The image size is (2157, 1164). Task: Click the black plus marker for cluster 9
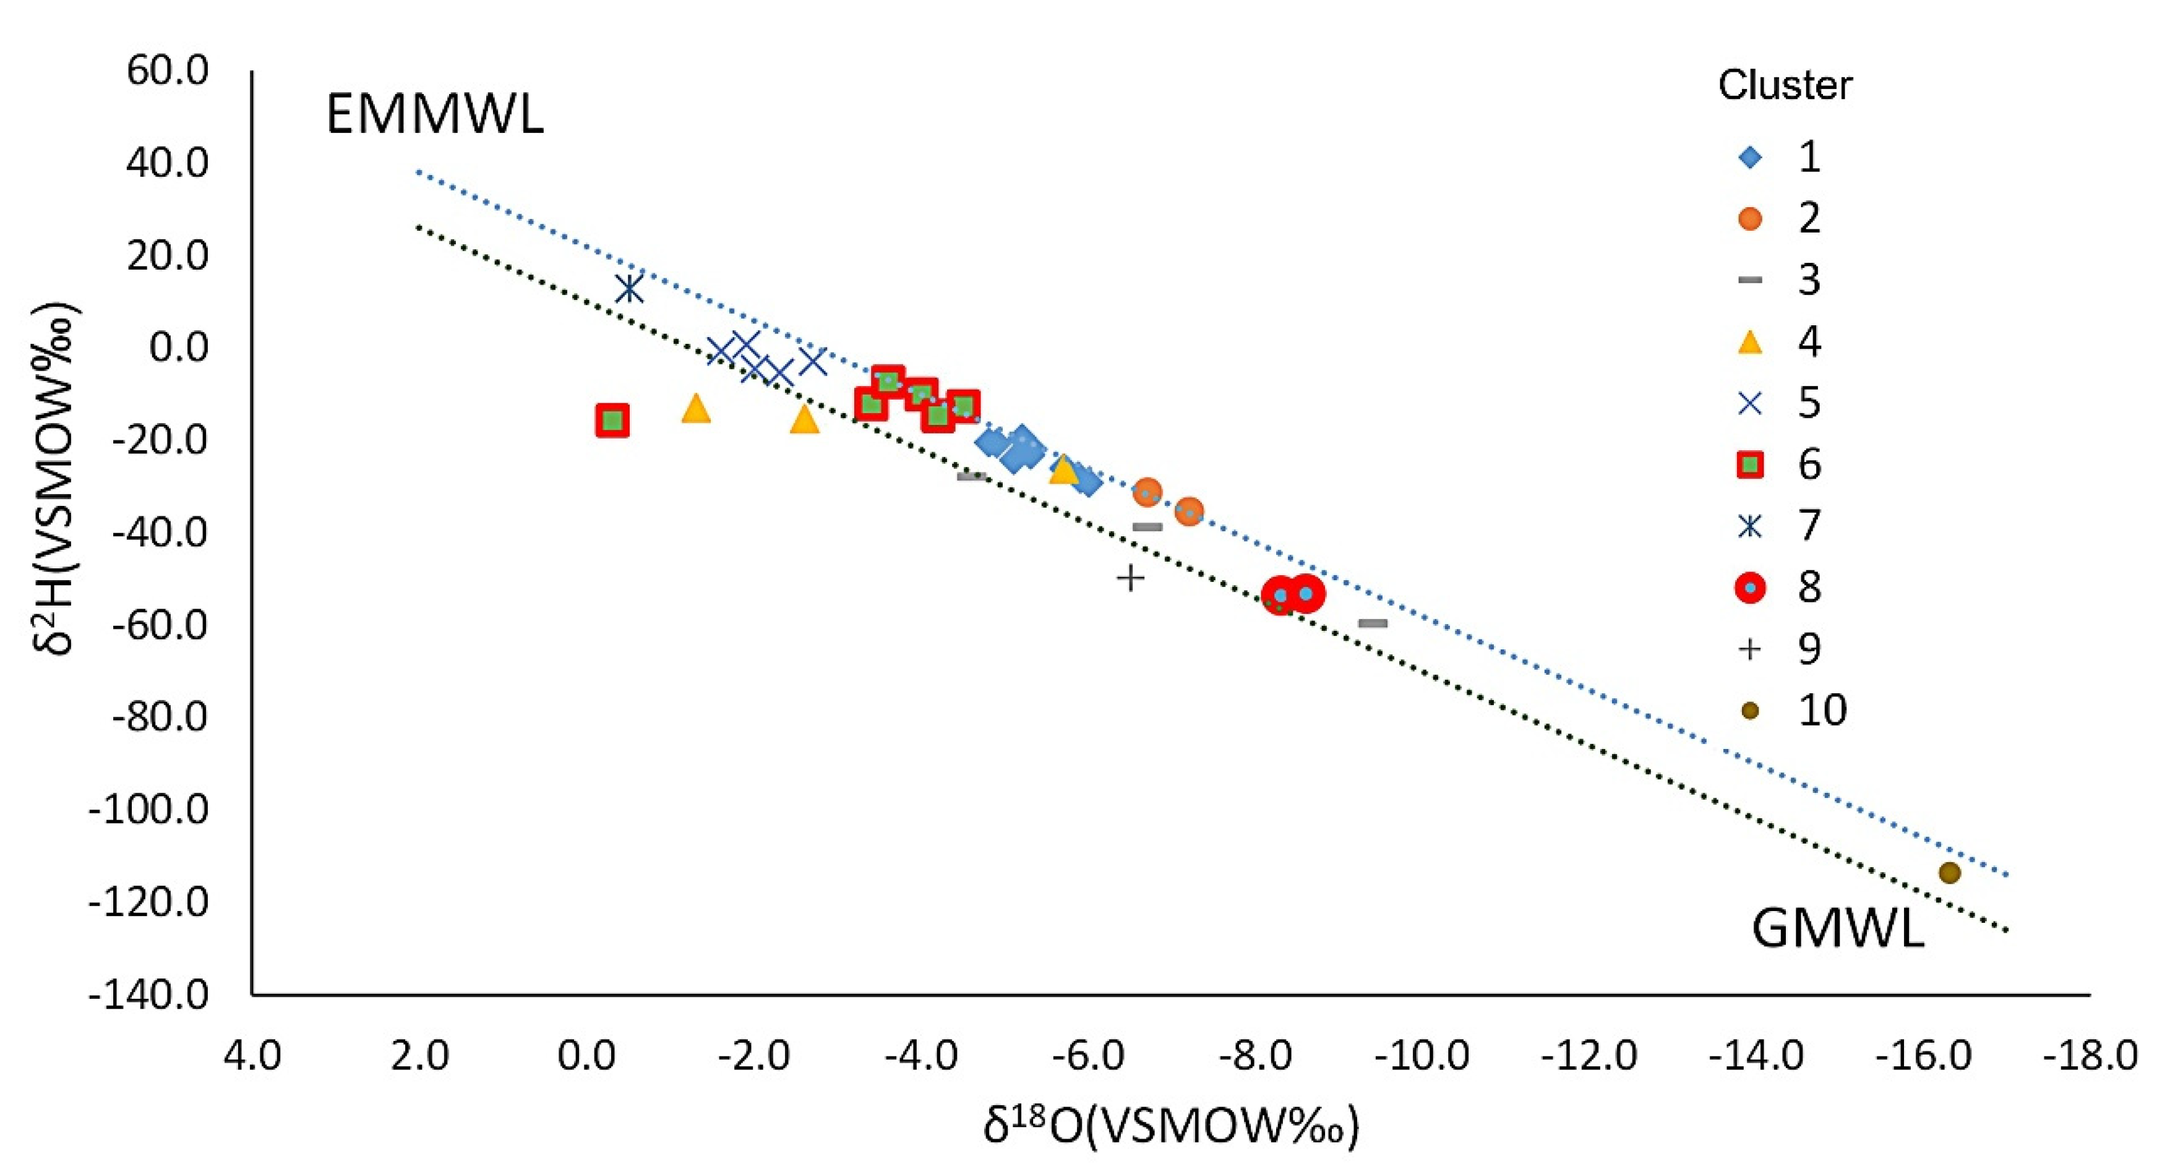coord(1130,577)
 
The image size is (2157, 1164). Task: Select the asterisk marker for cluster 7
coord(629,289)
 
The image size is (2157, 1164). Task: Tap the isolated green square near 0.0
coord(613,421)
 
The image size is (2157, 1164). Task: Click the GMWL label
coord(1837,929)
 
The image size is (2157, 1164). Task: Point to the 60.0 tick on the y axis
coord(168,71)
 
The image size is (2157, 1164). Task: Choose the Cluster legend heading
coord(1785,85)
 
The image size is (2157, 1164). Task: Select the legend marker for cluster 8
coord(1750,587)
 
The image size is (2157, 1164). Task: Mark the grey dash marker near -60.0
coord(1373,623)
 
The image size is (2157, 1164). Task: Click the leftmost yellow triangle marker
coord(696,409)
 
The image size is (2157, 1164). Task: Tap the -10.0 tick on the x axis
coord(1421,1057)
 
